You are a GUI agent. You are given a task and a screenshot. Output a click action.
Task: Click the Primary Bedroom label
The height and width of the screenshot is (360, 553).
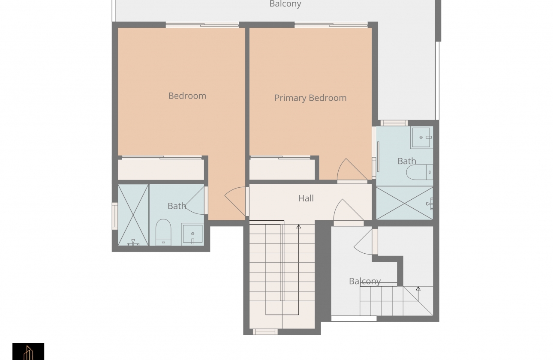pyautogui.click(x=310, y=98)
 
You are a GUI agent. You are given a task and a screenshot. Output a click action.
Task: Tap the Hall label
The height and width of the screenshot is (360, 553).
pyautogui.click(x=306, y=198)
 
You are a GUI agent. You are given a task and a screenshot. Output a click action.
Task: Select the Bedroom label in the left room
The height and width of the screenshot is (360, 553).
pyautogui.click(x=187, y=96)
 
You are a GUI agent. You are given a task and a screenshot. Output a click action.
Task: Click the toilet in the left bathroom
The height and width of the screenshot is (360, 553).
pyautogui.click(x=163, y=232)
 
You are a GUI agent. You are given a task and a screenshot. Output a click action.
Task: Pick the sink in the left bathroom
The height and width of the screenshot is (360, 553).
pyautogui.click(x=192, y=234)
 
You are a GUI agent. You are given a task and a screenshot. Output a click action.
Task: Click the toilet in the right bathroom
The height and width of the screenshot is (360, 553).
pyautogui.click(x=420, y=172)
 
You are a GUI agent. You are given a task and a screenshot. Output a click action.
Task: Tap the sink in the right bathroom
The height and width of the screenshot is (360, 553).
pyautogui.click(x=422, y=138)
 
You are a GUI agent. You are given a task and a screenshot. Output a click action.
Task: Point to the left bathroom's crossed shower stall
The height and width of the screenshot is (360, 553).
pyautogui.click(x=133, y=215)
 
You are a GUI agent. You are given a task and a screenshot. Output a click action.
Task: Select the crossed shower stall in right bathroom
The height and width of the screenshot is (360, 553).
pyautogui.click(x=404, y=203)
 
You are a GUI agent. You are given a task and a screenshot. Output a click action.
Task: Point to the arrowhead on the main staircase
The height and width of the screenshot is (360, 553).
pyautogui.click(x=299, y=226)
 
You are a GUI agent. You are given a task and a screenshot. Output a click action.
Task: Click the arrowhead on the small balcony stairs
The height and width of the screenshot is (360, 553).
pyautogui.click(x=418, y=288)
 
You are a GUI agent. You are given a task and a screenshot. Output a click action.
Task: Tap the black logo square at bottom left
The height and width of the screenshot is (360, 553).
pyautogui.click(x=28, y=351)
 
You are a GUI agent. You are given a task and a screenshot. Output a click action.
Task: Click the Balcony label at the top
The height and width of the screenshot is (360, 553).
pyautogui.click(x=285, y=4)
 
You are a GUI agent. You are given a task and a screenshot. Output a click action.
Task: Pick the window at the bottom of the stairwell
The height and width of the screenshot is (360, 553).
pyautogui.click(x=265, y=332)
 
